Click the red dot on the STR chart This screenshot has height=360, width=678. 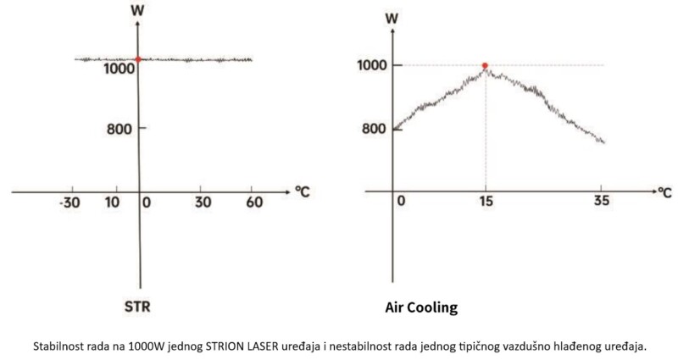tap(138, 59)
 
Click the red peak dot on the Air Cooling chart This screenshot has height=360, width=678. tap(485, 65)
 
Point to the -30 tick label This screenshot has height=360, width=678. tap(71, 204)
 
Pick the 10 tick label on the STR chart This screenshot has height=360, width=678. tap(112, 204)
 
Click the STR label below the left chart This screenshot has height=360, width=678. tap(138, 307)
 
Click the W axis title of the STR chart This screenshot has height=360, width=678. tap(138, 12)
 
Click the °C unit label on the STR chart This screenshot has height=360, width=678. tap(303, 191)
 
